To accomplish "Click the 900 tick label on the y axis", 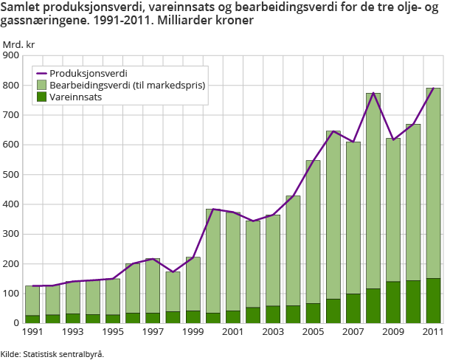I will (11, 55).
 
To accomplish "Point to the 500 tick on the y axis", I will (11, 175).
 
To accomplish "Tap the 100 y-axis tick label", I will (11, 294).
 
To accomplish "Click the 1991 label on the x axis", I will (32, 333).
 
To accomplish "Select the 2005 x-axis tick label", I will (313, 333).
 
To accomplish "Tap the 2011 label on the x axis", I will (433, 333).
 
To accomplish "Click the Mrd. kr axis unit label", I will (18, 44).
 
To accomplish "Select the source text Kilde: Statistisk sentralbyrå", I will (52, 353).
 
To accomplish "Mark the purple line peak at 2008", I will (373, 93).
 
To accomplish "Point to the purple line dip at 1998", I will (173, 271).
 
